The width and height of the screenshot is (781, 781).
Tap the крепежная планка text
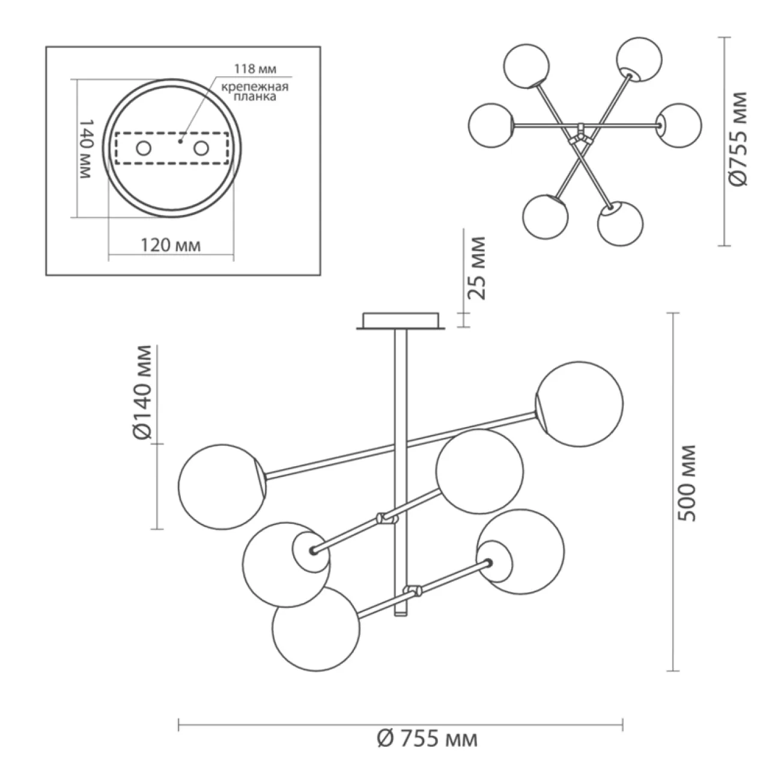[255, 92]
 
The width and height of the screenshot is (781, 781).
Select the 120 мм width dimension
[170, 245]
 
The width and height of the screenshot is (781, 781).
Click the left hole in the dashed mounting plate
[144, 148]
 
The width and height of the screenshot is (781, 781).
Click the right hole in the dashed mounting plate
[201, 148]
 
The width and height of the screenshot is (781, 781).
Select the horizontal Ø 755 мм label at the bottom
[428, 738]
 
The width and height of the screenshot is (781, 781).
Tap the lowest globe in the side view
[316, 628]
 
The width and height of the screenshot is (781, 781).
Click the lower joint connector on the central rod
[413, 592]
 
